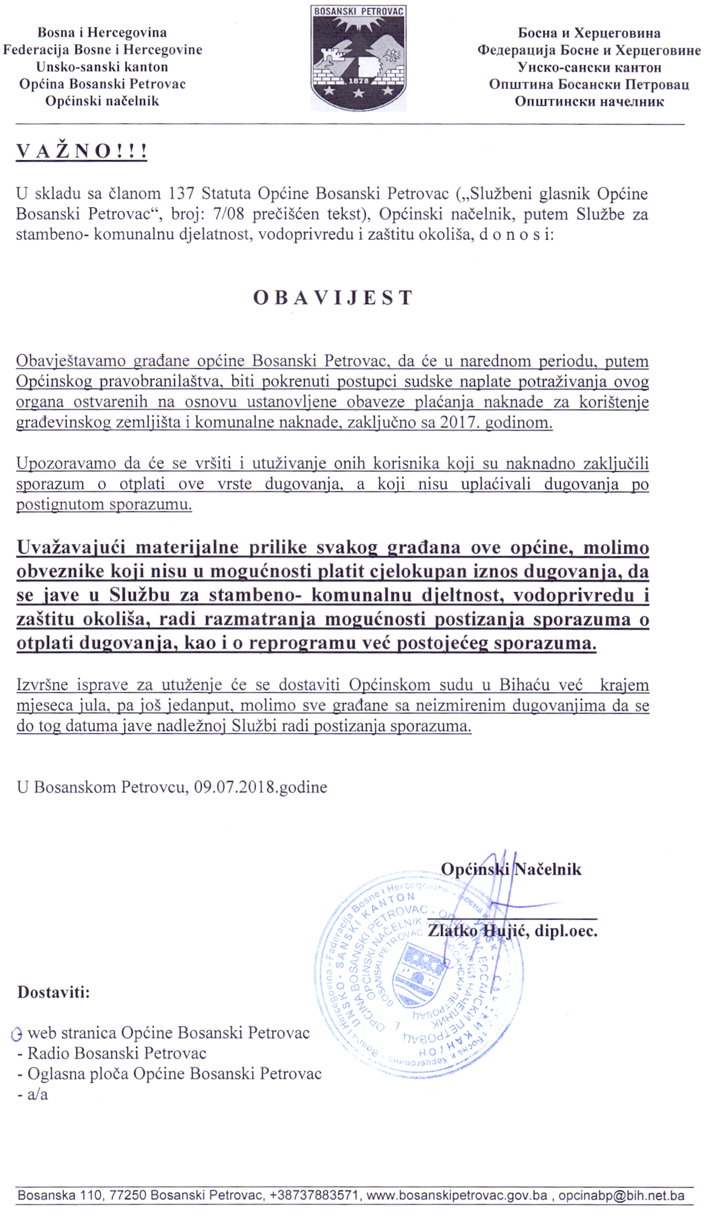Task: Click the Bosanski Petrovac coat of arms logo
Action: (x=358, y=58)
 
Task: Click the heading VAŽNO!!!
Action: (x=82, y=152)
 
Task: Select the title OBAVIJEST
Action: (x=333, y=298)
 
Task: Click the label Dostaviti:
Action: (x=53, y=992)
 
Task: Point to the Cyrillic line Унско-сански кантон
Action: (x=589, y=68)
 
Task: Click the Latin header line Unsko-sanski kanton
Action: (x=102, y=67)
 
